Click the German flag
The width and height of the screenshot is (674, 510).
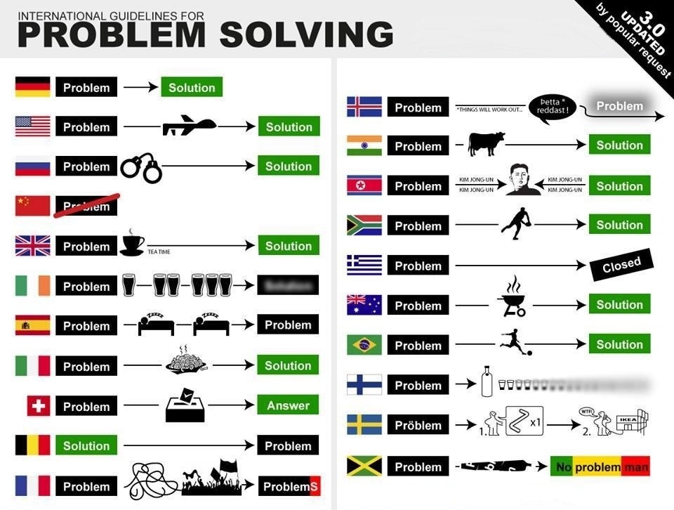point(33,87)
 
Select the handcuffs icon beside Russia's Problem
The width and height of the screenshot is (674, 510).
point(140,167)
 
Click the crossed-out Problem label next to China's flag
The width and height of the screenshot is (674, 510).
point(86,205)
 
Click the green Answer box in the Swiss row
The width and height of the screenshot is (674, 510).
point(288,405)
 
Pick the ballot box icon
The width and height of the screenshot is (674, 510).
point(185,407)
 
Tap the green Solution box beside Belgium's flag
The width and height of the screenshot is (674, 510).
point(86,446)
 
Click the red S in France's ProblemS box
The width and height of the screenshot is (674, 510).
point(314,486)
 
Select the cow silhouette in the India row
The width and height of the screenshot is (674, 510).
point(486,144)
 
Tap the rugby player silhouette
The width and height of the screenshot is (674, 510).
point(516,224)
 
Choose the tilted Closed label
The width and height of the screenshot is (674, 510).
point(621,265)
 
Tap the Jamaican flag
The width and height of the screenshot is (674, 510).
point(364,466)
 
